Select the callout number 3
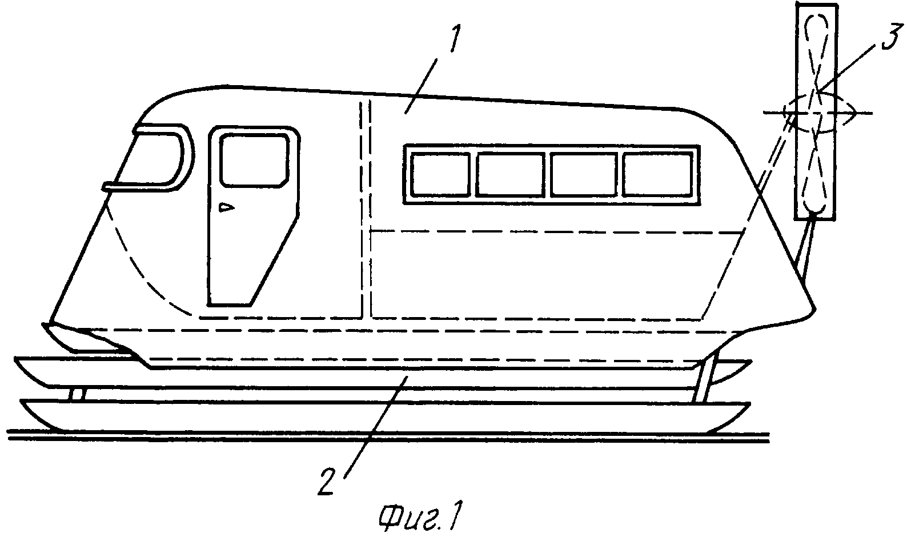click(891, 37)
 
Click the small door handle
click(226, 207)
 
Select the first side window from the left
click(440, 174)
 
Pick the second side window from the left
click(510, 174)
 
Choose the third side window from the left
click(584, 174)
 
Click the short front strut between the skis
click(77, 394)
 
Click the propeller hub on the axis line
click(818, 113)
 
